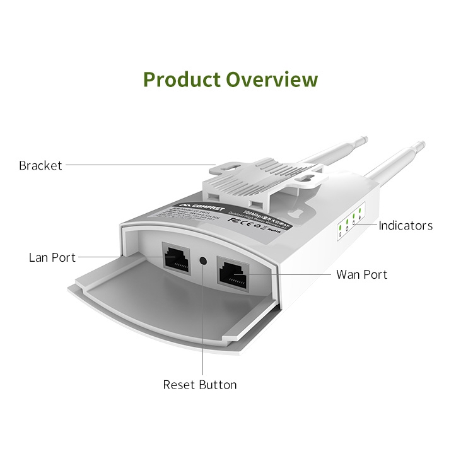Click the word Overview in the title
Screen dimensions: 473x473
pyautogui.click(x=272, y=80)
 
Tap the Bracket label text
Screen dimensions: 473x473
pyautogui.click(x=40, y=165)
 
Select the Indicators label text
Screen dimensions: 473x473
pyautogui.click(x=406, y=225)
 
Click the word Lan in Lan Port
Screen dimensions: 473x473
pyautogui.click(x=40, y=257)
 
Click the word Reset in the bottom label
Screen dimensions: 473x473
pyautogui.click(x=179, y=385)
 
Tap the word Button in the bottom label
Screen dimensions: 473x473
pyautogui.click(x=218, y=385)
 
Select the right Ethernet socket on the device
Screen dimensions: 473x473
pyautogui.click(x=233, y=272)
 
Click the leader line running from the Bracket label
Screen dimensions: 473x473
pyautogui.click(x=139, y=165)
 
